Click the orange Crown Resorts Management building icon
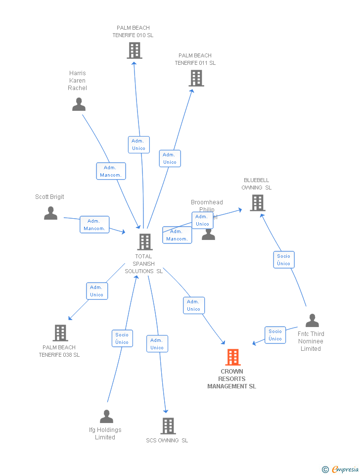(233, 357)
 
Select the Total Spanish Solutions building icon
(144, 242)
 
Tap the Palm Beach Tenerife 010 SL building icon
(135, 50)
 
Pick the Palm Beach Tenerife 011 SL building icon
(196, 78)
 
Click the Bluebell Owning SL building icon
(257, 202)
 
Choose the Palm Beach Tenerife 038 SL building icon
(60, 333)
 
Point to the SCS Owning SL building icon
(168, 426)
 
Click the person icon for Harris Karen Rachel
(79, 104)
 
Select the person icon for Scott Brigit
(50, 213)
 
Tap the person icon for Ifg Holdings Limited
(106, 417)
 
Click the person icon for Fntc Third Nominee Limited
(312, 321)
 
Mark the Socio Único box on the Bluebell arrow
(284, 260)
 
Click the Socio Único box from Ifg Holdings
(122, 338)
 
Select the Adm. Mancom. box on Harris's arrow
(111, 171)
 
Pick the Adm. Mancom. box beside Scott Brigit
(94, 225)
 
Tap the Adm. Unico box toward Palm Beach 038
(97, 291)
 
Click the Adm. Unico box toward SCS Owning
(157, 344)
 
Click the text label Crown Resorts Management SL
(232, 379)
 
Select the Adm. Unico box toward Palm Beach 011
(170, 158)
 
